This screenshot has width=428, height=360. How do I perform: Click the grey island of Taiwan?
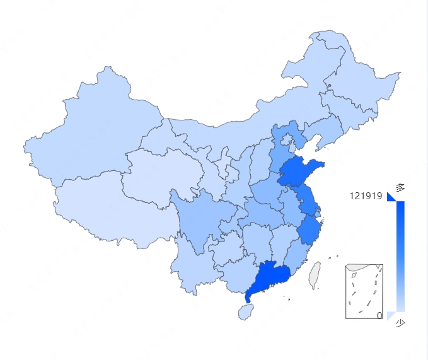pyautogui.click(x=314, y=275)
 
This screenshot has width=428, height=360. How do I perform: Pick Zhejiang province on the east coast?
pyautogui.click(x=309, y=231)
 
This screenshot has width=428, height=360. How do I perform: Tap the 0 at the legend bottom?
pyautogui.click(x=379, y=315)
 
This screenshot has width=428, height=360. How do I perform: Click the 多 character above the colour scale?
pyautogui.click(x=400, y=187)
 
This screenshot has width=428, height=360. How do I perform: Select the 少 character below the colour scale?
pyautogui.click(x=400, y=323)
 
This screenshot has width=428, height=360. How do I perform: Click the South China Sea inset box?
pyautogui.click(x=364, y=291)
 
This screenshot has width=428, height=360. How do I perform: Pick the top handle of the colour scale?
pyautogui.click(x=391, y=197)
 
